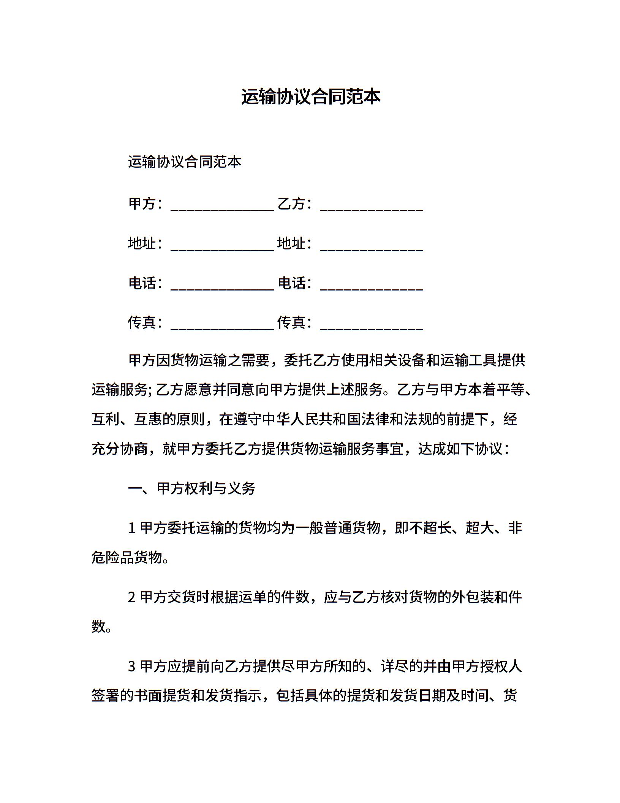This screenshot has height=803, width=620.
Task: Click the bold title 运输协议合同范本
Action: point(310,97)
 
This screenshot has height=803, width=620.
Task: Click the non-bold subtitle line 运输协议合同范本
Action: point(185,162)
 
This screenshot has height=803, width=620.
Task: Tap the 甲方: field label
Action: point(146,204)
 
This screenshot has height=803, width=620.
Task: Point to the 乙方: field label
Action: point(294,204)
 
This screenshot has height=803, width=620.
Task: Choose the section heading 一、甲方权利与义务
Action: point(191,489)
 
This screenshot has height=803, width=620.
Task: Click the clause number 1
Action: point(132,528)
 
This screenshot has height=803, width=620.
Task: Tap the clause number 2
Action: point(132,597)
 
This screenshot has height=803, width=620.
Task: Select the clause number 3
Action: point(132,667)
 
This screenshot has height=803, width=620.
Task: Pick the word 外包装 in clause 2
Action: point(473,597)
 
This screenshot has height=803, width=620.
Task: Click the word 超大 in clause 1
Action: point(480,528)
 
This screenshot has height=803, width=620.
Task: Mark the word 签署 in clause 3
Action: point(106,696)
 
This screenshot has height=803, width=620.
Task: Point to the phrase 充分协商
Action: point(120,449)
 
